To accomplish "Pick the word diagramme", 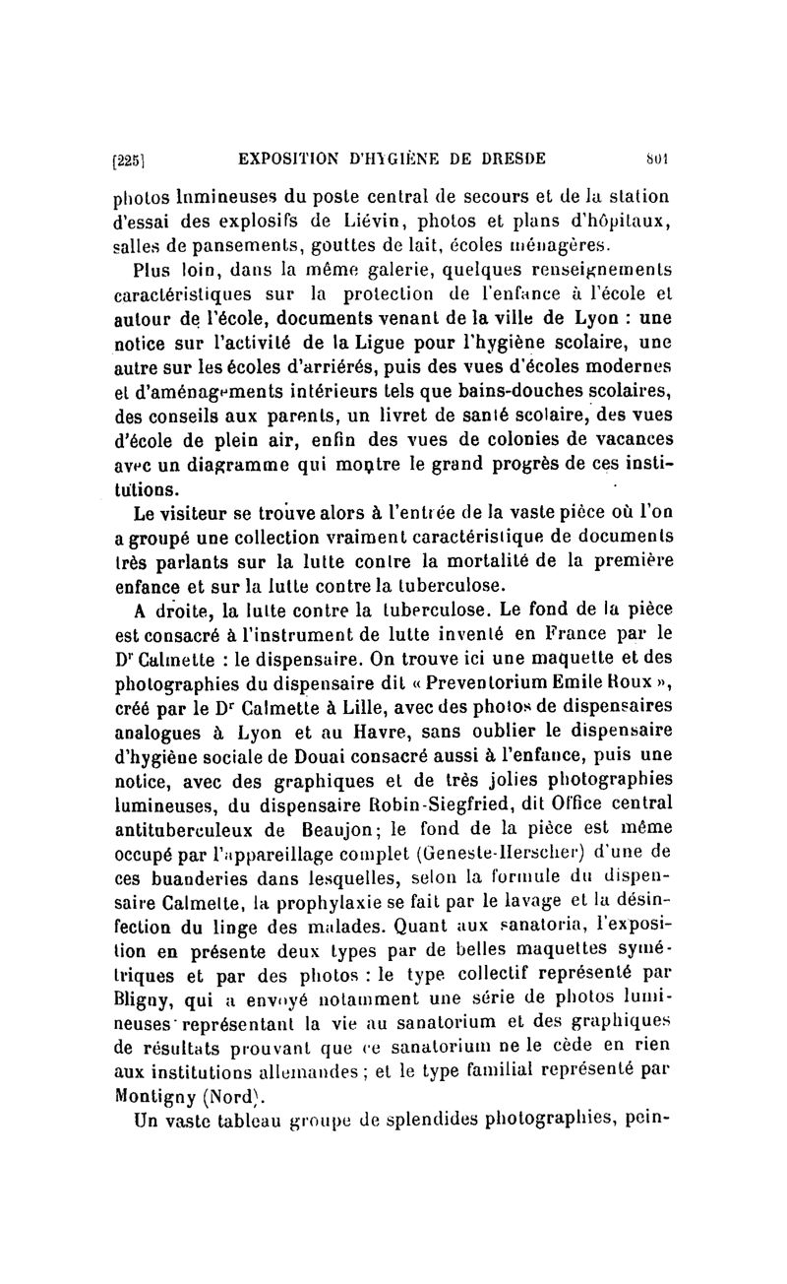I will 235,463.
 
